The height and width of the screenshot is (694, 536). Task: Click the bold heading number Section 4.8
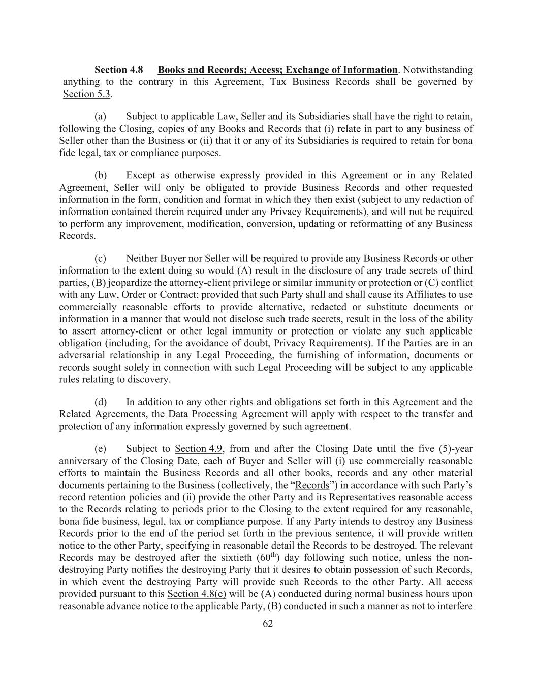[x=119, y=70]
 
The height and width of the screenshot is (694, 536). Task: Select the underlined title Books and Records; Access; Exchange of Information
[x=277, y=70]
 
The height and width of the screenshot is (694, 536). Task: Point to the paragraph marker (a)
[x=101, y=116]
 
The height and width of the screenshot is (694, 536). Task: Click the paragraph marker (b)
[x=101, y=175]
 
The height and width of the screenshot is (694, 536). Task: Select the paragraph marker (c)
[x=101, y=258]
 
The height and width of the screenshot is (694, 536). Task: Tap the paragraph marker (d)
[x=101, y=402]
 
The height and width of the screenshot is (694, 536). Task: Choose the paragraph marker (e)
[x=101, y=449]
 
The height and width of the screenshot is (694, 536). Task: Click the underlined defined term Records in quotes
[x=312, y=485]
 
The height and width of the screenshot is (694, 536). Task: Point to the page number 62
[x=268, y=624]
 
